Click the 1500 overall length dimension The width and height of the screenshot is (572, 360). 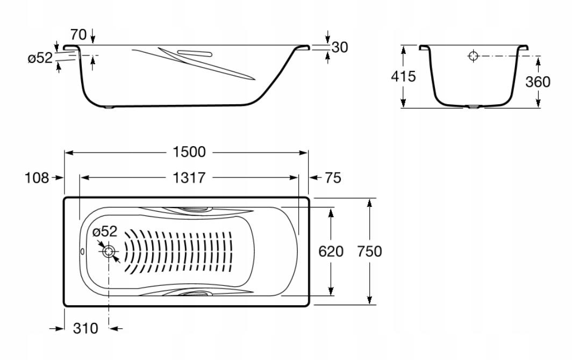(189, 152)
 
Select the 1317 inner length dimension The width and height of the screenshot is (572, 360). (189, 178)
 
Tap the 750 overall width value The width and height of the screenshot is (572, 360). (369, 251)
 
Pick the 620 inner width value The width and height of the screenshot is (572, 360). (331, 251)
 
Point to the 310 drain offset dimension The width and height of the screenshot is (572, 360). (85, 328)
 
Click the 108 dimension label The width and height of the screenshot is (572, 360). (37, 178)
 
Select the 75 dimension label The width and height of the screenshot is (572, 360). (333, 178)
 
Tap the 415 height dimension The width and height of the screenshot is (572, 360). (403, 76)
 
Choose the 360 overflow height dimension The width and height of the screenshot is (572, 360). (538, 82)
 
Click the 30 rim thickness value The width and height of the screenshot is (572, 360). (340, 47)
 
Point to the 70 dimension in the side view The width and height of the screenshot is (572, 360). (78, 34)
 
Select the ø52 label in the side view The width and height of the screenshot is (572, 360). (40, 57)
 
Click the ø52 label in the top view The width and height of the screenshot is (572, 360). (105, 231)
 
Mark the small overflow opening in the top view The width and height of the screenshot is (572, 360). (82, 251)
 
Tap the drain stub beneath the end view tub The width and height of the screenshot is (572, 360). (473, 107)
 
